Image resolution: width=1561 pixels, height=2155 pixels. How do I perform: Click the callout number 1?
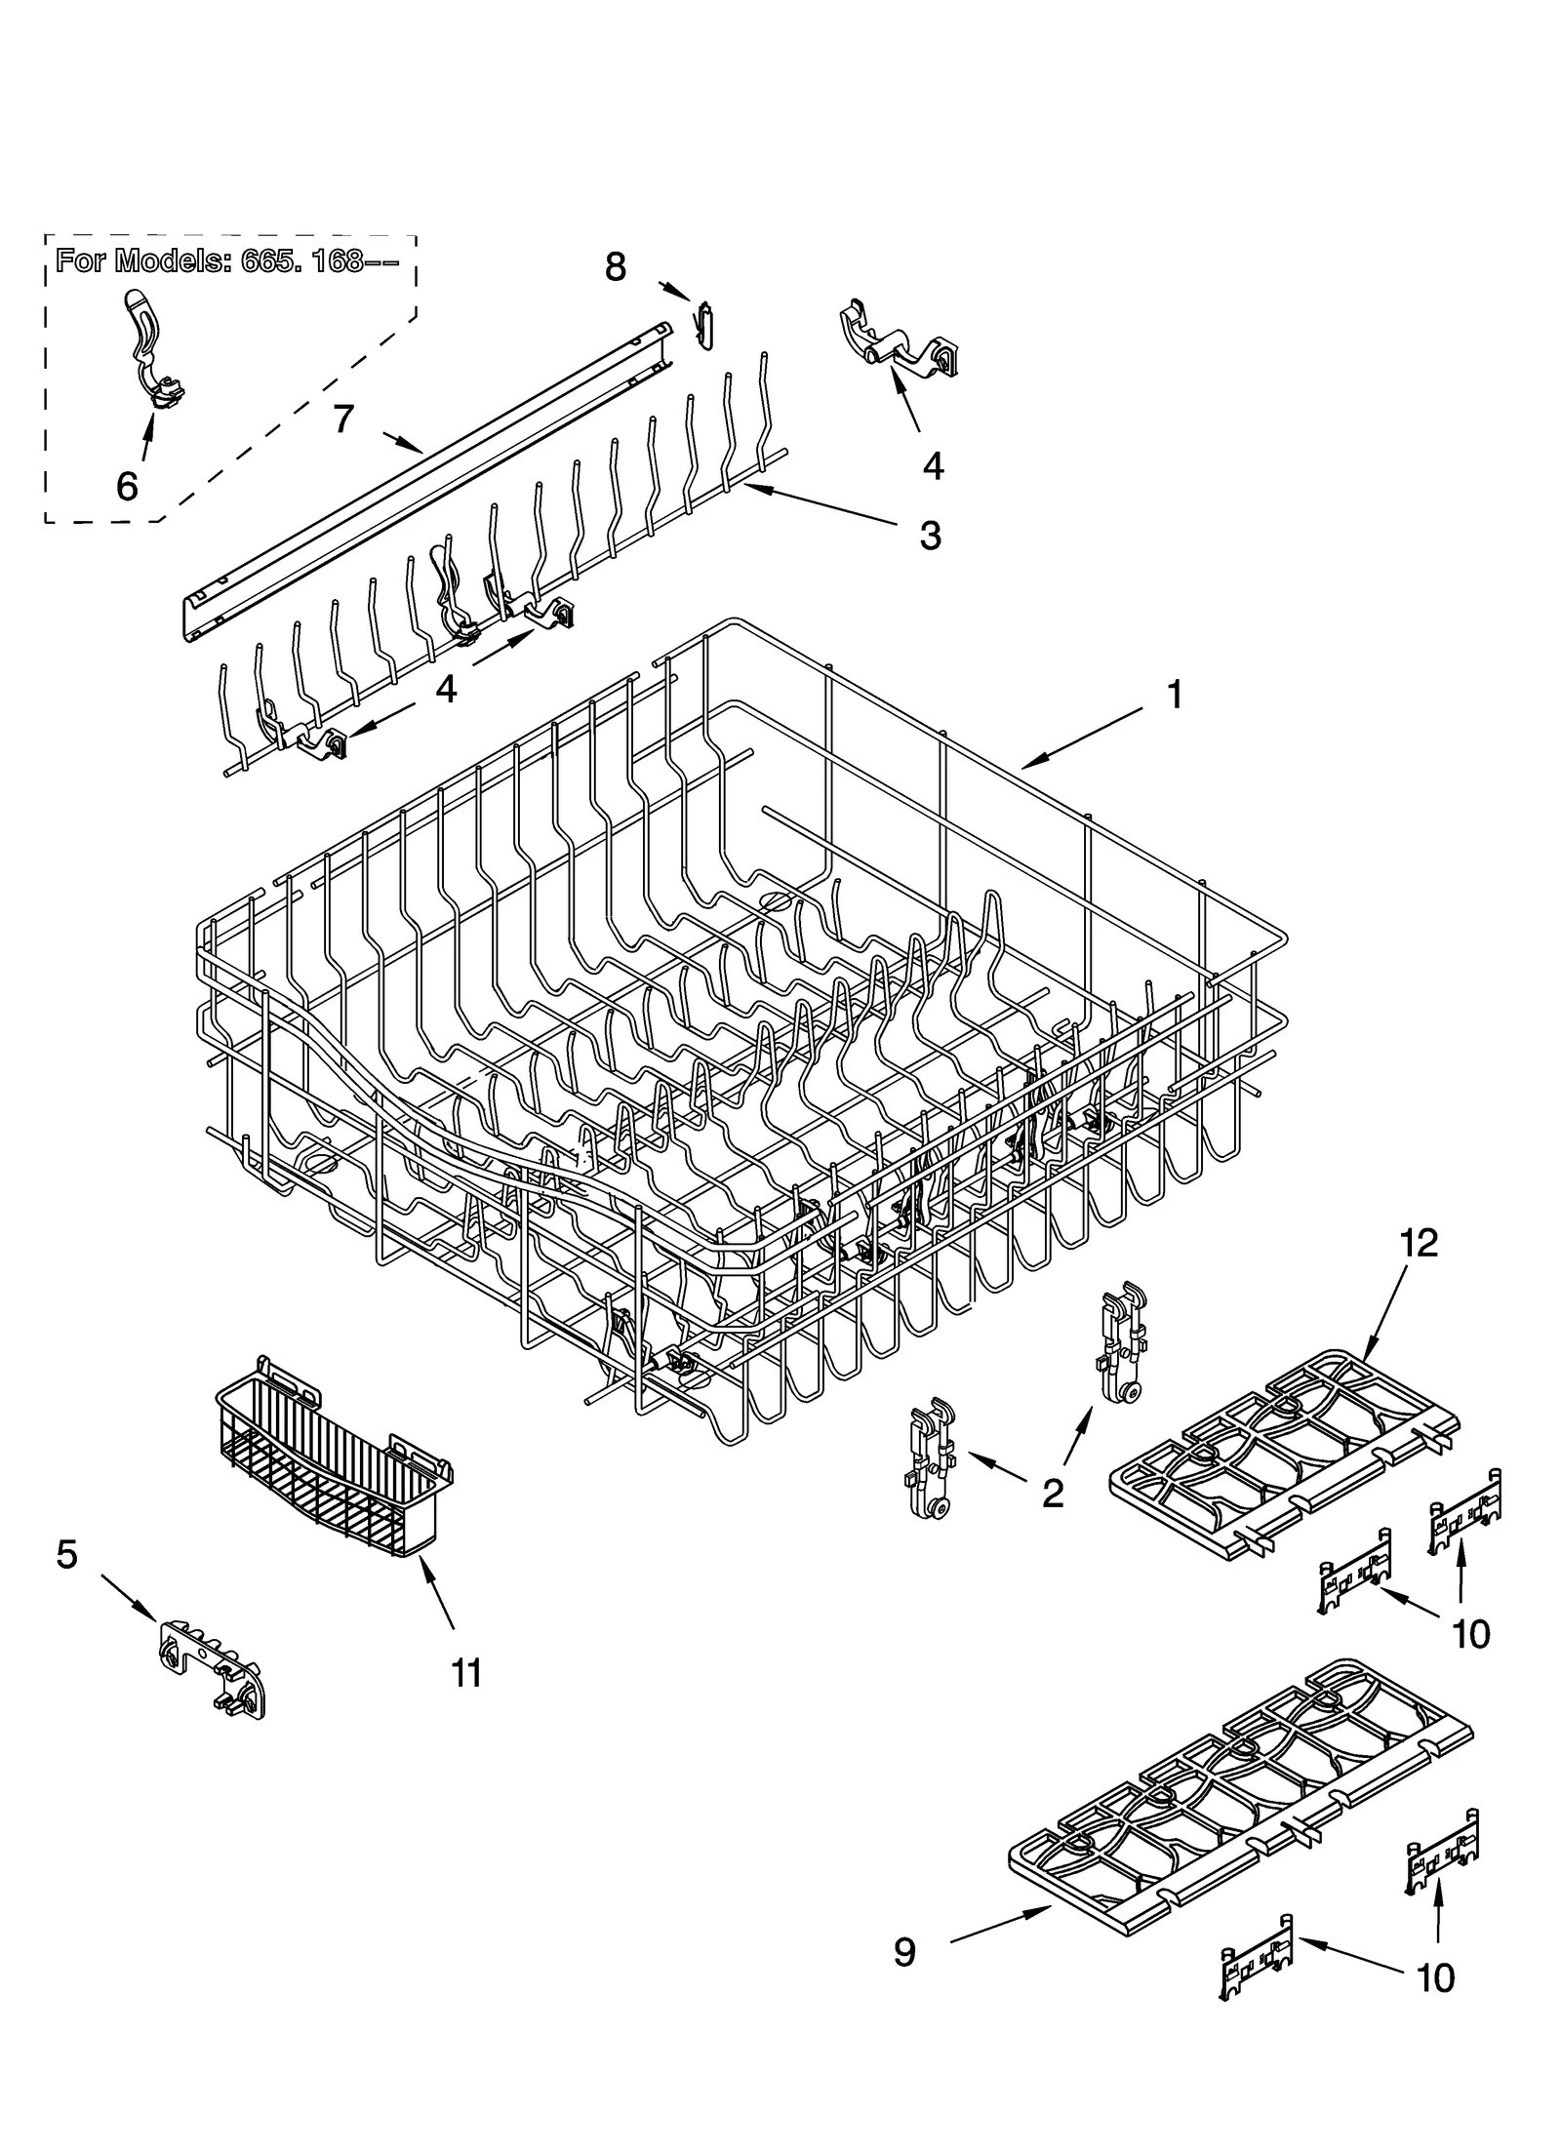[x=1175, y=697]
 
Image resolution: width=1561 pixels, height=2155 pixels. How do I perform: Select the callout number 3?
[x=930, y=536]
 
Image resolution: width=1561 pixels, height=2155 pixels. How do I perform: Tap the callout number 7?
[x=342, y=419]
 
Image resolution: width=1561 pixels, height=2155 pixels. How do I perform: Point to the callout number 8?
[x=615, y=265]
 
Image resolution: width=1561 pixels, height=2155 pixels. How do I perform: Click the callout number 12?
[x=1420, y=1243]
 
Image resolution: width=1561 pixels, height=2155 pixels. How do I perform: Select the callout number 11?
[x=466, y=1673]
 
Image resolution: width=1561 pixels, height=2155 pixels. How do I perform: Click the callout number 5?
[x=66, y=1554]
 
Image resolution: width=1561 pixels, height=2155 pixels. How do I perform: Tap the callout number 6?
[x=127, y=485]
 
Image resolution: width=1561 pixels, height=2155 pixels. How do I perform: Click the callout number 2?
[x=1052, y=1494]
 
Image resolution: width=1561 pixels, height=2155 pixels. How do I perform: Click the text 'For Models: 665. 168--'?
[x=226, y=261]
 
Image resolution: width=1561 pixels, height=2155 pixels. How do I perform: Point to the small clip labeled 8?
[x=705, y=322]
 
